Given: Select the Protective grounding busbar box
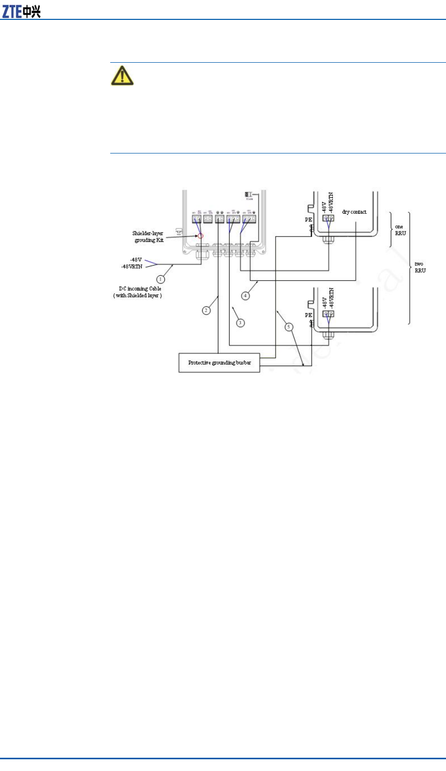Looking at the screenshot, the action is coord(219,363).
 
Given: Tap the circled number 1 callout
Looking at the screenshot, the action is coord(161,279).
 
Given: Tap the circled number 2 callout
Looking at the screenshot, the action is coord(206,310).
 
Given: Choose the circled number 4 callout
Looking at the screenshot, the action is coord(246,295).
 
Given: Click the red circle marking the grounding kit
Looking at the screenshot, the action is coord(201,236).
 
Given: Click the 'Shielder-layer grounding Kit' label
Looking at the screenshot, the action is coord(148,237).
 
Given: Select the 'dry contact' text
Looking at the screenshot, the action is coord(354,212).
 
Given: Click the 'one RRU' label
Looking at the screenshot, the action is coord(400,230).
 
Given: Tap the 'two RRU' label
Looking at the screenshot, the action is coord(419,267).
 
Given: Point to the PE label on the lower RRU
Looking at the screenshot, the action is coord(308,315).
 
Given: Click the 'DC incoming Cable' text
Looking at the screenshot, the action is coord(140,289).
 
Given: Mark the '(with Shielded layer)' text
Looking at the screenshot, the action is coord(138,296).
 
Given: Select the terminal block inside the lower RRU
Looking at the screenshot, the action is coord(329,315).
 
